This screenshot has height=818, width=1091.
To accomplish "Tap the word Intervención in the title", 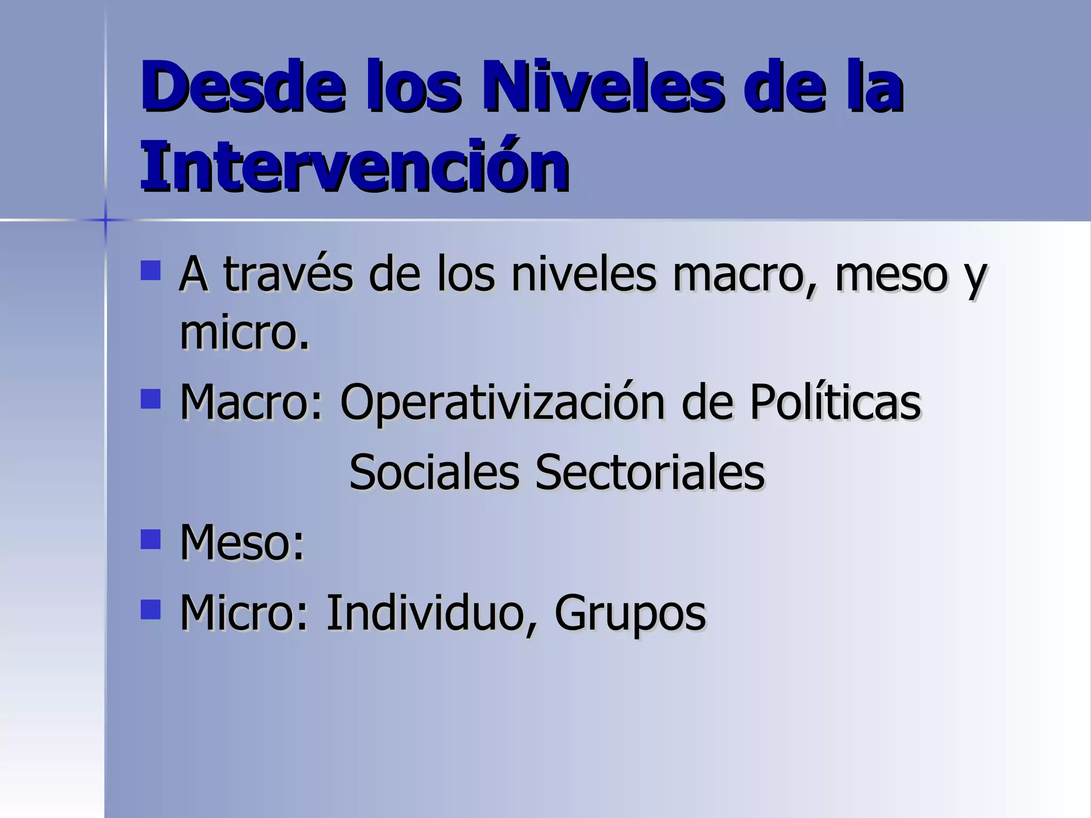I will (355, 165).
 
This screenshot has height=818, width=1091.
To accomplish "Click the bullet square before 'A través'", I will (151, 270).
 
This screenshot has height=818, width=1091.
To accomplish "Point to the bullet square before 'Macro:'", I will (151, 398).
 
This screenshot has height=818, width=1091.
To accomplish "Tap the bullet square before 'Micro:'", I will (151, 610).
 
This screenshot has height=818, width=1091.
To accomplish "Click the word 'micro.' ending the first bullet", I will (245, 333).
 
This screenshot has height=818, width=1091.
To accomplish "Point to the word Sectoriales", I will (650, 472).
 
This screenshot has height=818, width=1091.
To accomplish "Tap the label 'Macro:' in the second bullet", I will (251, 402).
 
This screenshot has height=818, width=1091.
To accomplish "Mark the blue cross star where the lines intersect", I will (105, 219).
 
